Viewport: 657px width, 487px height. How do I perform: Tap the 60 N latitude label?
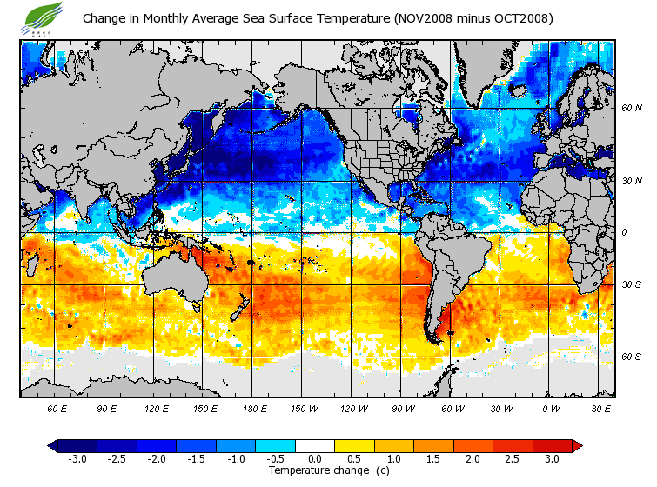(631, 108)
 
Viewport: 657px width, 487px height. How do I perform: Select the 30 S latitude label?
(631, 284)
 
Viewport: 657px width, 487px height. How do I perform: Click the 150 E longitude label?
(206, 408)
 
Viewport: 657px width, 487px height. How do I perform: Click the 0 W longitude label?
(551, 408)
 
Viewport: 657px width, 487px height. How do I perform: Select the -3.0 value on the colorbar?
(76, 459)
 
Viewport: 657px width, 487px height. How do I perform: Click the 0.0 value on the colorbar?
(315, 459)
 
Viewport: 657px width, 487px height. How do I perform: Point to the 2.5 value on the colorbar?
(513, 459)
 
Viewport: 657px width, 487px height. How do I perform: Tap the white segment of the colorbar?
(315, 446)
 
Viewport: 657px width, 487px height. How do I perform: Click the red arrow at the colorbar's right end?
(577, 446)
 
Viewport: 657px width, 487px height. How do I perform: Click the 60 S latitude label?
(631, 357)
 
